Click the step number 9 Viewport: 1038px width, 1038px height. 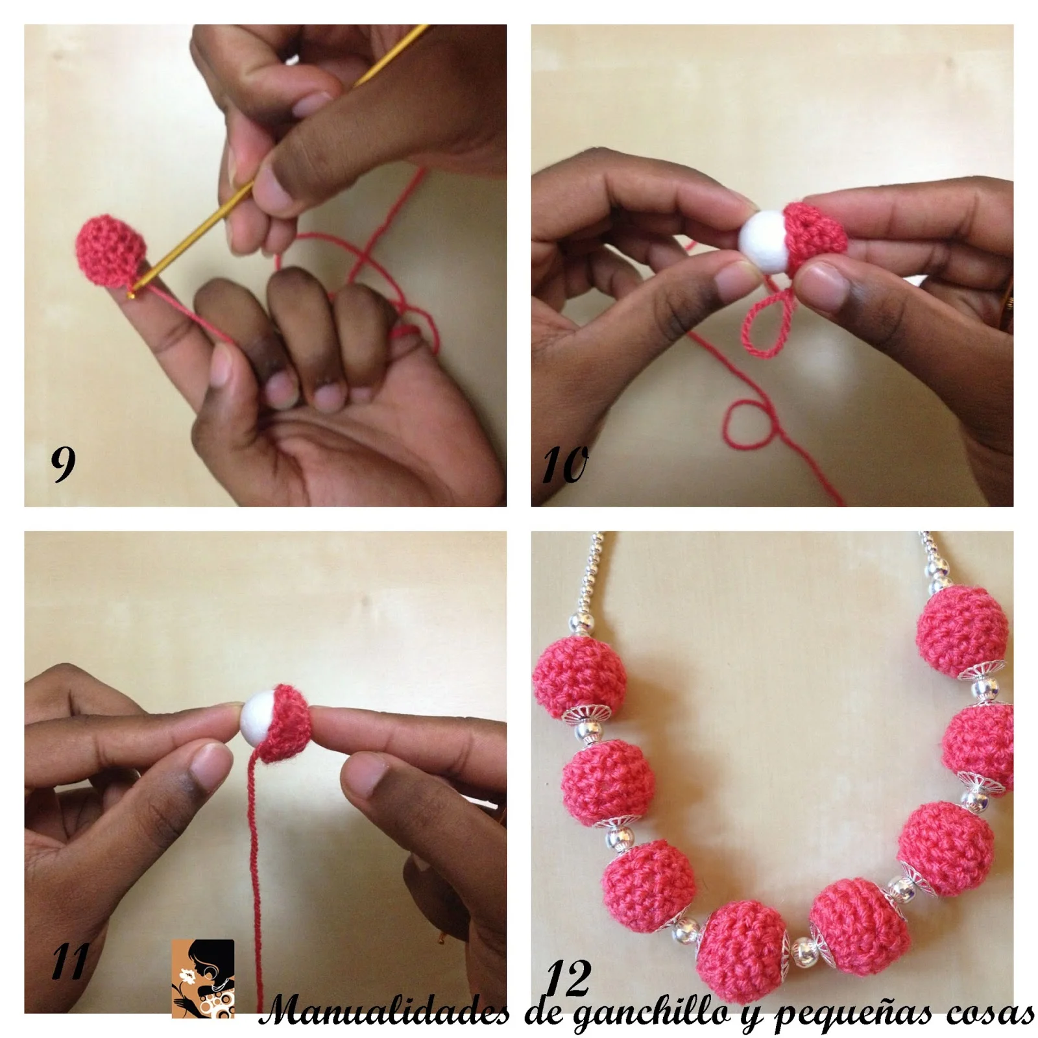click(63, 464)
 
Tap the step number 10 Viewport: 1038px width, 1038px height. click(564, 465)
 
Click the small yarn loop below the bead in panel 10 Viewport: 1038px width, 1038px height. click(762, 322)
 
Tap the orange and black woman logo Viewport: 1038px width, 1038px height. click(203, 978)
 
